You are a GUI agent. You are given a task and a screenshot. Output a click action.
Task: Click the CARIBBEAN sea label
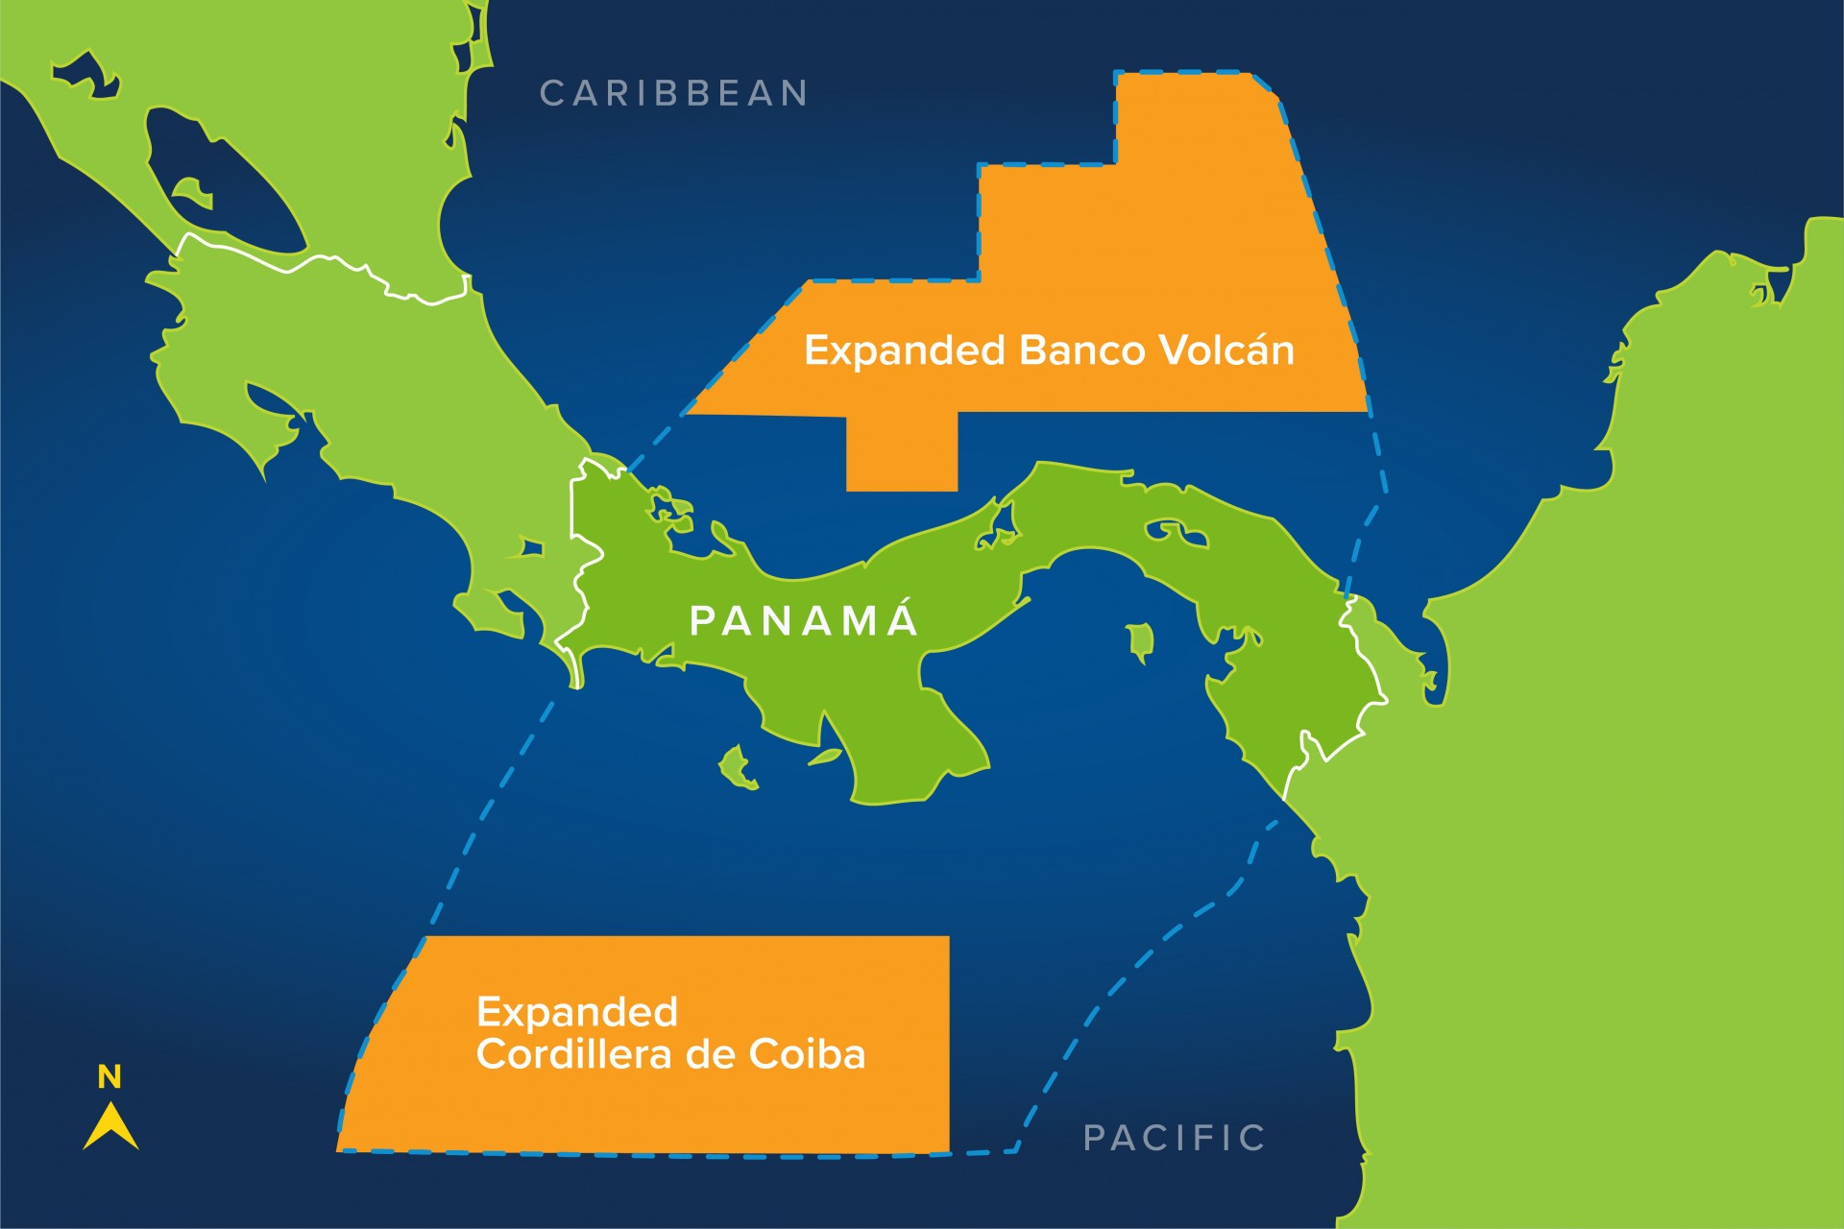[673, 93]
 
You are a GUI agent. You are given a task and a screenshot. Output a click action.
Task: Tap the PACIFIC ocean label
[1174, 1138]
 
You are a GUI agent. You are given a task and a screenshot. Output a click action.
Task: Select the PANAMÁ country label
[804, 621]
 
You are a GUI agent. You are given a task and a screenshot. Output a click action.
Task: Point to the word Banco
[1081, 350]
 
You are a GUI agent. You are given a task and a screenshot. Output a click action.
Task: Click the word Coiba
[807, 1054]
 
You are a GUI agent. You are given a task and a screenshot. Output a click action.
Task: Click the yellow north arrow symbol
[110, 1127]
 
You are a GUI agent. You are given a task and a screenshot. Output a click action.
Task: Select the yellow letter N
[109, 1077]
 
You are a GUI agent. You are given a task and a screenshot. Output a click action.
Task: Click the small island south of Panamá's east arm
[1140, 641]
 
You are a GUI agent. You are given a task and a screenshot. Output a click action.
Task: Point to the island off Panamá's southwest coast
[737, 767]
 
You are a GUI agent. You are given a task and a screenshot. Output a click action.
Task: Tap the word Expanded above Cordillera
[577, 1012]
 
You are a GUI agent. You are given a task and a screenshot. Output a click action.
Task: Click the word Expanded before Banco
[904, 350]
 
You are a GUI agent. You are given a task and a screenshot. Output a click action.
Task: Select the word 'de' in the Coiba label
[711, 1054]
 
